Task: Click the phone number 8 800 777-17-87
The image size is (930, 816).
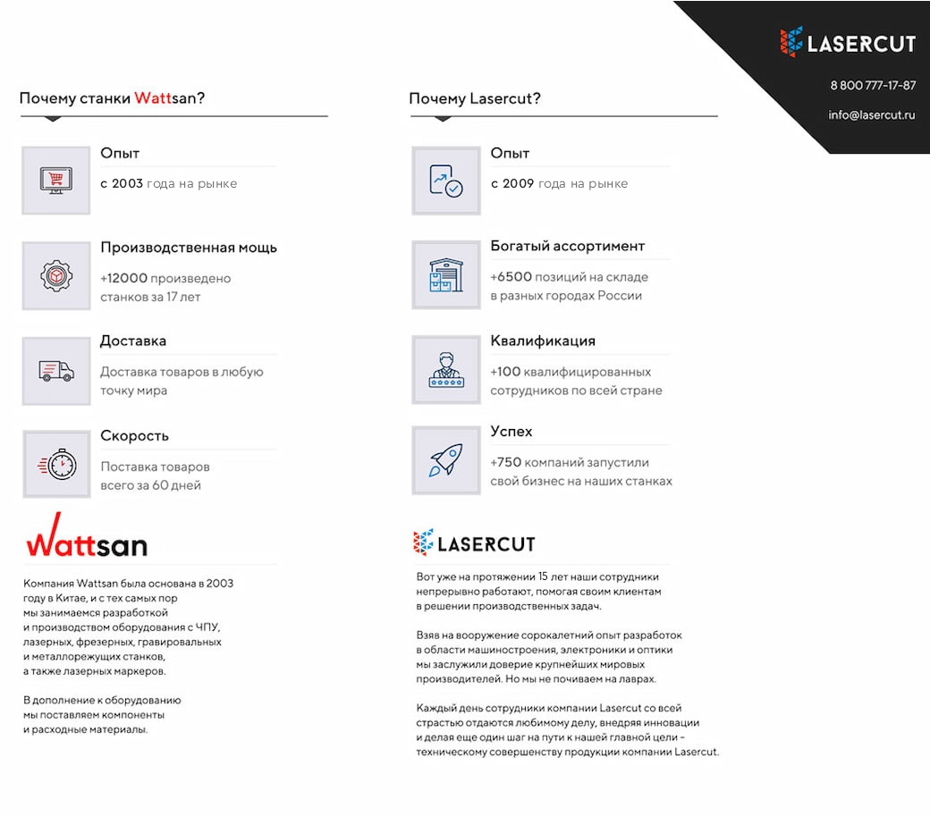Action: (x=873, y=86)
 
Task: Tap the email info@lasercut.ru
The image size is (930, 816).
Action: (x=871, y=115)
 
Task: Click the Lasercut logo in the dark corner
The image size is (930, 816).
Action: (x=847, y=42)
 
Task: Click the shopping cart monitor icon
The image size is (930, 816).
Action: (x=56, y=181)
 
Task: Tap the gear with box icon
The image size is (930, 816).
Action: (x=56, y=275)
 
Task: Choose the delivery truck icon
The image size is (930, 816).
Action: (x=56, y=371)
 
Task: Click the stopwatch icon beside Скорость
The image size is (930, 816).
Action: (x=56, y=464)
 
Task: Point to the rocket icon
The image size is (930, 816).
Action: (x=446, y=460)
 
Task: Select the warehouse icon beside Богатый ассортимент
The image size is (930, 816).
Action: (x=446, y=275)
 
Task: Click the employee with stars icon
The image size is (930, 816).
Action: (x=446, y=370)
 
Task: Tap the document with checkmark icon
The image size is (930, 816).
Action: (x=446, y=181)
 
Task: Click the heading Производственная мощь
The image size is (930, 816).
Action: (x=189, y=248)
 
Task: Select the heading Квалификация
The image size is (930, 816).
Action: (x=543, y=341)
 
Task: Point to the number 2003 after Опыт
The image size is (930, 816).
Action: (x=128, y=184)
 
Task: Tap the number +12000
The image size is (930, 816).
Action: (x=124, y=279)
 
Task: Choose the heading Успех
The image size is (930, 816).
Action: (x=511, y=432)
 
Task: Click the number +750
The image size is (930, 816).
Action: (x=505, y=463)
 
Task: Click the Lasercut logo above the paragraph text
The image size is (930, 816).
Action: (x=474, y=543)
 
